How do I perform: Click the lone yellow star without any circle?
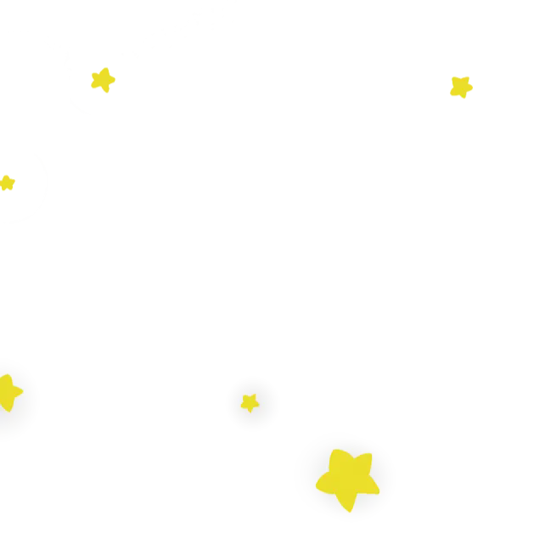pyautogui.click(x=461, y=87)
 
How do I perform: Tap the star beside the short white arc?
pyautogui.click(x=103, y=81)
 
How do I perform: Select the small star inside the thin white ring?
pyautogui.click(x=7, y=182)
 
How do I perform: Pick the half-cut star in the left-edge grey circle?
pyautogui.click(x=8, y=394)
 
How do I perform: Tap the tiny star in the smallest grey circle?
pyautogui.click(x=250, y=402)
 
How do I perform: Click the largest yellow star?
pyautogui.click(x=347, y=479)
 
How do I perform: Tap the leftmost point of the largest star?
pyautogui.click(x=317, y=486)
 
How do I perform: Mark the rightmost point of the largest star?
pyautogui.click(x=379, y=488)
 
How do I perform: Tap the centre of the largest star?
pyautogui.click(x=347, y=479)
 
